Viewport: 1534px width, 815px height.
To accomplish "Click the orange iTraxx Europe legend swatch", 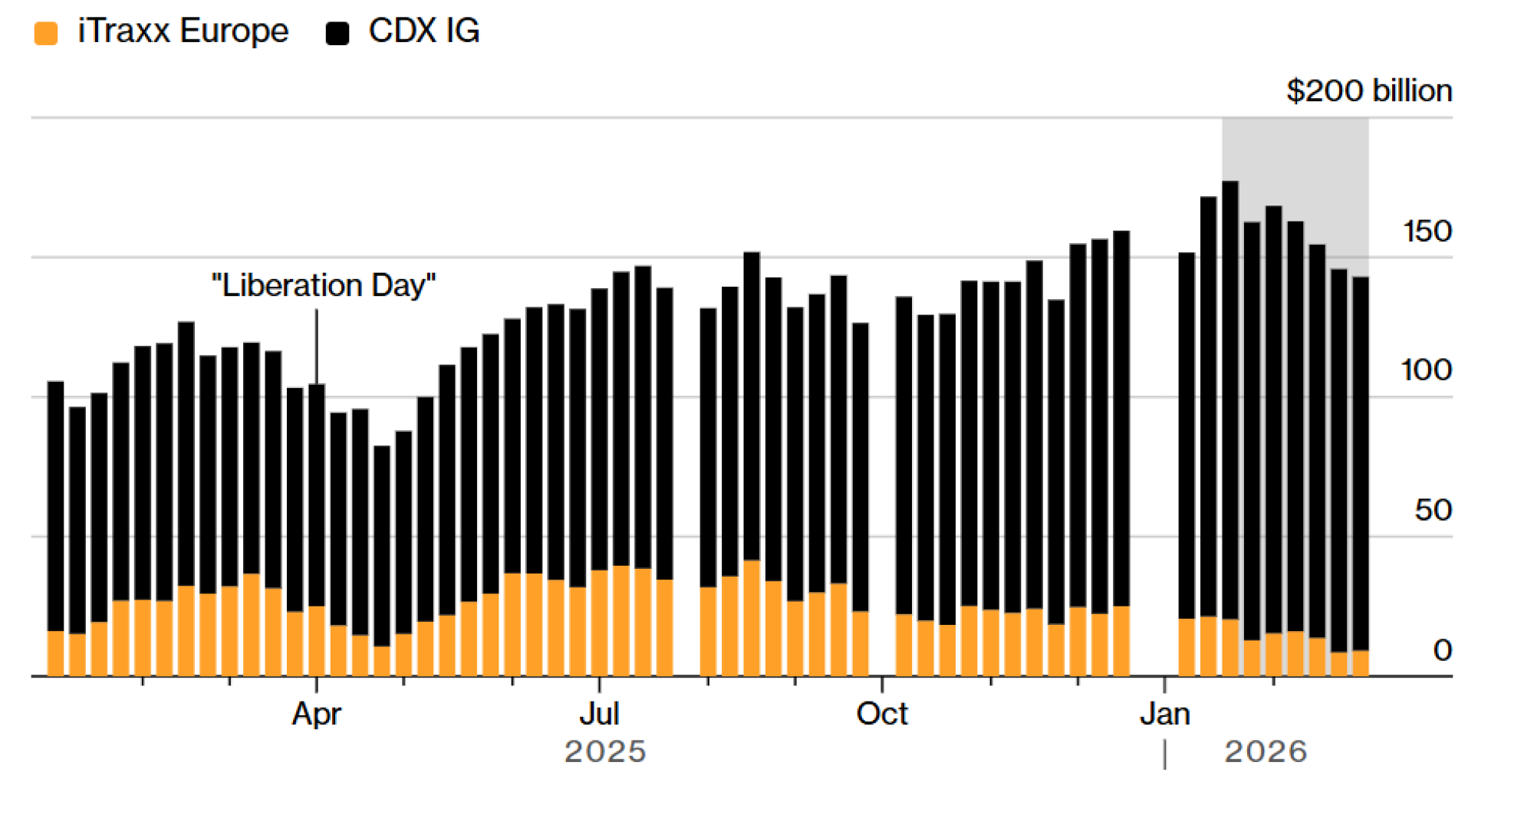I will (46, 34).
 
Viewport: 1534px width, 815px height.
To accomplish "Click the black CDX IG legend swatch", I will (337, 34).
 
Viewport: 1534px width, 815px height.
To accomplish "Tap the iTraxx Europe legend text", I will (183, 31).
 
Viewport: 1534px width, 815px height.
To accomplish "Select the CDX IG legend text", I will (424, 31).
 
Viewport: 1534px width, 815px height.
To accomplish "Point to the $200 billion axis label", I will (1369, 91).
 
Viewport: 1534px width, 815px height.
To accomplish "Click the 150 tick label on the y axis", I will (1427, 232).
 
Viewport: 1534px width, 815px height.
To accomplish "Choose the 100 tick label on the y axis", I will (1427, 370).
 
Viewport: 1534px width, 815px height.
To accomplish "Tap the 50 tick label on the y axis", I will (1433, 511).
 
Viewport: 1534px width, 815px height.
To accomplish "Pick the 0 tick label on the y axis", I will (1442, 650).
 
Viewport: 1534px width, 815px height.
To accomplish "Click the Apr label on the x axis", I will (316, 715).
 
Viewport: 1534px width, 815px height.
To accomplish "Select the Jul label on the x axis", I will (599, 715).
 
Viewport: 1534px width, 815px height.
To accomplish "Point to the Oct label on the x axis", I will (882, 715).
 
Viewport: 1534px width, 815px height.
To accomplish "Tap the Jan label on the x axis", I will (1164, 715).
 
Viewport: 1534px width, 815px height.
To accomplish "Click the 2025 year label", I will (605, 752).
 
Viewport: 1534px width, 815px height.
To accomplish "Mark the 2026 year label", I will (1266, 752).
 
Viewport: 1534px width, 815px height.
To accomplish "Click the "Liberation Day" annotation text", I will (324, 286).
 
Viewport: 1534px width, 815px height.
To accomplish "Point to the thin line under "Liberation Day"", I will (317, 345).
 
